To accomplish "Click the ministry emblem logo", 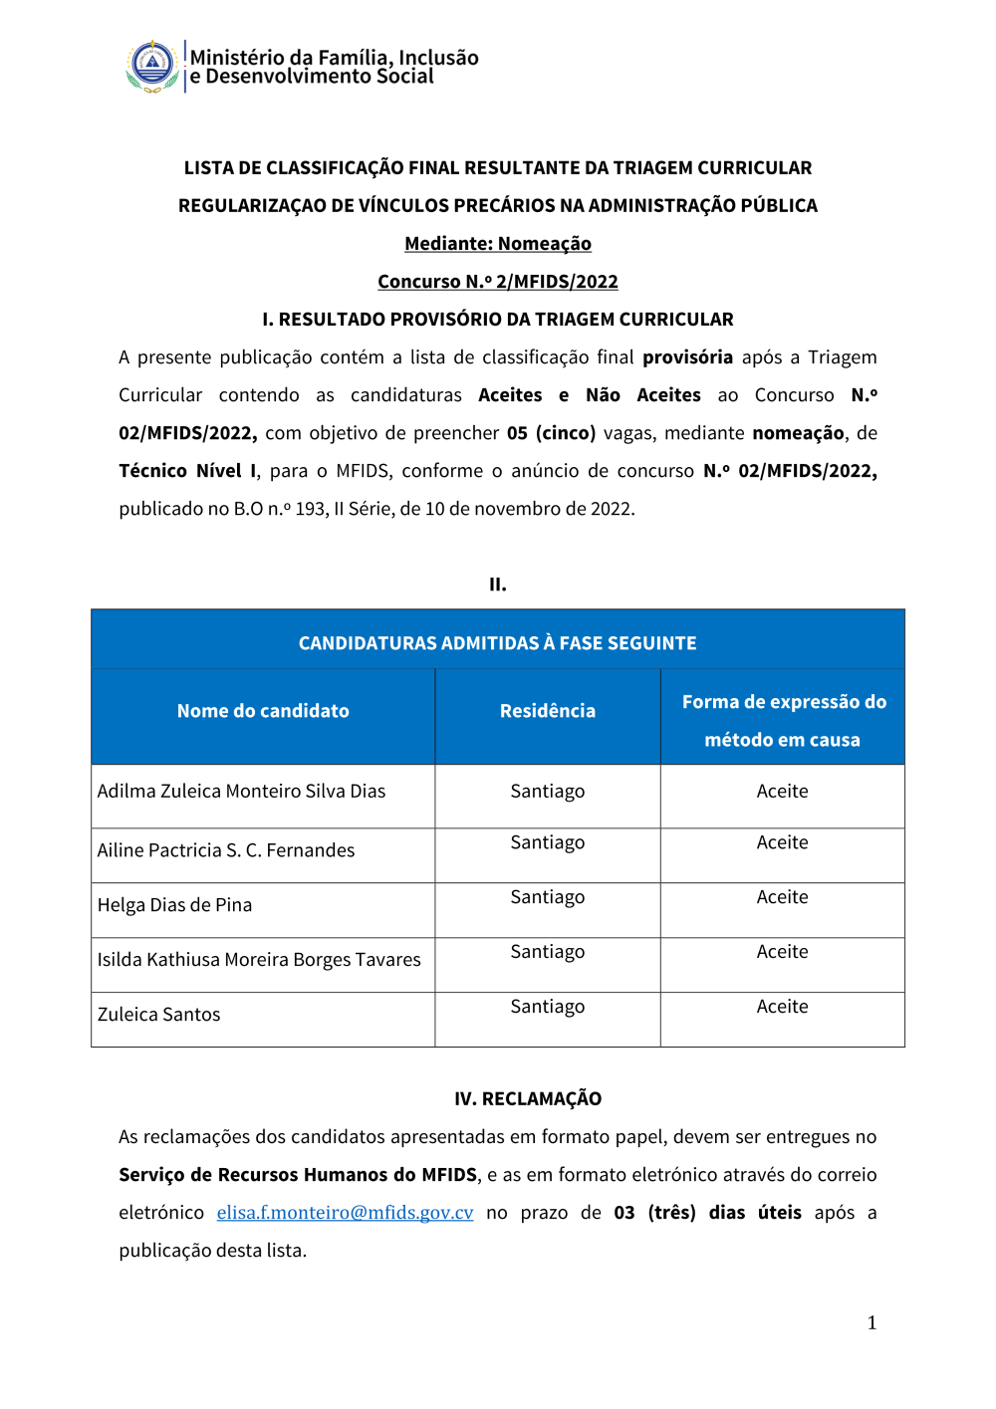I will click(x=152, y=66).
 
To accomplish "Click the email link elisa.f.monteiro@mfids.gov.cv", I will click(x=345, y=1212).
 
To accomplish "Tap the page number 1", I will click(x=871, y=1322).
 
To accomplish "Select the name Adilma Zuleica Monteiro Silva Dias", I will click(x=241, y=791).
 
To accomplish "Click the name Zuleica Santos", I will click(x=159, y=1014).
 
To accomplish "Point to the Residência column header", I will click(x=548, y=711).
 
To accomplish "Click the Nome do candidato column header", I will click(x=263, y=711).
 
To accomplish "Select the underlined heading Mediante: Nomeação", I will click(x=498, y=243).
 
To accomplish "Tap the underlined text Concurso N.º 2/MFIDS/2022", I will click(x=498, y=281).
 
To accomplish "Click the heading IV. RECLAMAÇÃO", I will click(x=528, y=1098).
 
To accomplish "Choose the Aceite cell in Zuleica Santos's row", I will click(x=782, y=1007).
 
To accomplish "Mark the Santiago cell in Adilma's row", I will click(x=548, y=791).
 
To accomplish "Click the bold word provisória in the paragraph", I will click(x=687, y=356).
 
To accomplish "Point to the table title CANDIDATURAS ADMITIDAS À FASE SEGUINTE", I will click(x=498, y=643).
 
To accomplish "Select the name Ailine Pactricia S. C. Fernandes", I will click(x=226, y=849).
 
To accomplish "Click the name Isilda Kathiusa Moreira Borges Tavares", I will click(x=259, y=959).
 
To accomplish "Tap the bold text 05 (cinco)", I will click(x=551, y=432).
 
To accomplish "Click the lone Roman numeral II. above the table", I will click(x=498, y=585).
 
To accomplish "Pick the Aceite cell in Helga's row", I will click(x=782, y=897).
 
